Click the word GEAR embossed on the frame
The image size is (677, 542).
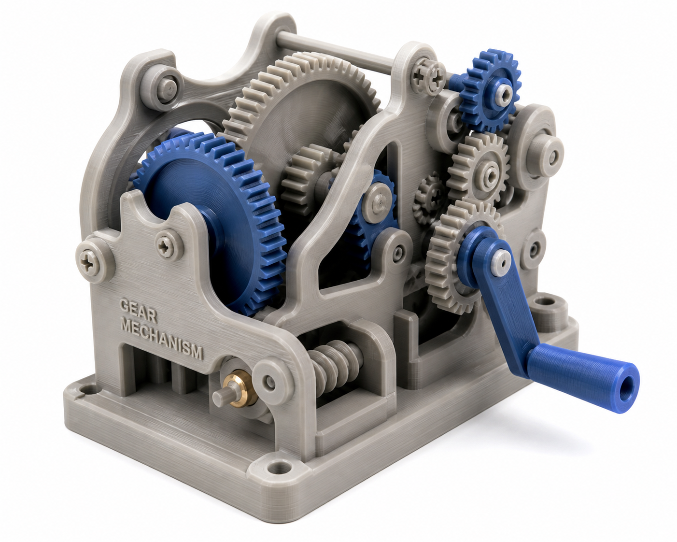click(x=138, y=310)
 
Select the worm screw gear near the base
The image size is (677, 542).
click(x=335, y=365)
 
